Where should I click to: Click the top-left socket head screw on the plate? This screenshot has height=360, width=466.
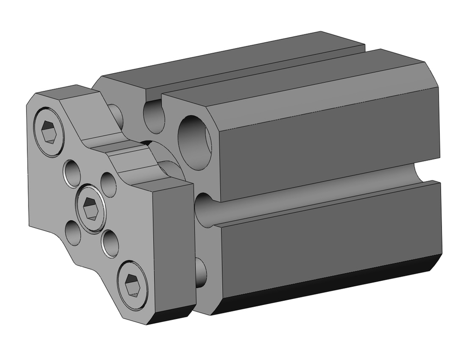[x=48, y=132]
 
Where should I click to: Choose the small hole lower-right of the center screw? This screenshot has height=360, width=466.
[x=110, y=243]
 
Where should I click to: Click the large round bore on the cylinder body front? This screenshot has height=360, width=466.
[x=194, y=141]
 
